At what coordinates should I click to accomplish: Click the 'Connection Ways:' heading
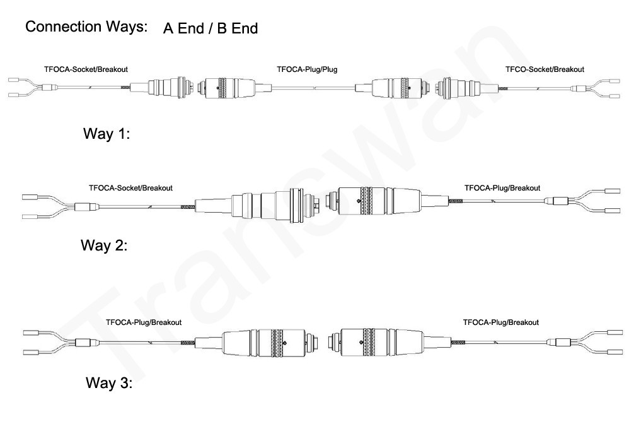click(x=86, y=26)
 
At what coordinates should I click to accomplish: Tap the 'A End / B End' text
click(x=211, y=28)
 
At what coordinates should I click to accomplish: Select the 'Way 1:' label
click(x=107, y=133)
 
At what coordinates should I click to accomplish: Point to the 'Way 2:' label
click(x=104, y=245)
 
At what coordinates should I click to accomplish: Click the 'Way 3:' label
click(x=109, y=382)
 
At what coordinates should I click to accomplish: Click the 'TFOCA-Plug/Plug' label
click(x=308, y=69)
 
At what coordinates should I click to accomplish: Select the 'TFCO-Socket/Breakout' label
click(x=545, y=69)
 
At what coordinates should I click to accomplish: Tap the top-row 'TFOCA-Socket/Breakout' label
click(x=86, y=69)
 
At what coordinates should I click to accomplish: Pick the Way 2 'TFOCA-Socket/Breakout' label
click(x=130, y=188)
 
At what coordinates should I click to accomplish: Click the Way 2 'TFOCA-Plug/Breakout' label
click(x=502, y=188)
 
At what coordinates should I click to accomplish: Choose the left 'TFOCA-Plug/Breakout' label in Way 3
click(x=144, y=322)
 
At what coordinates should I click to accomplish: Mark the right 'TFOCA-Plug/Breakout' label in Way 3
click(x=501, y=322)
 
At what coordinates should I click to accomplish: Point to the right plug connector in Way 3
click(x=389, y=343)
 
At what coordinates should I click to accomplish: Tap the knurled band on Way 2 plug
click(x=366, y=201)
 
